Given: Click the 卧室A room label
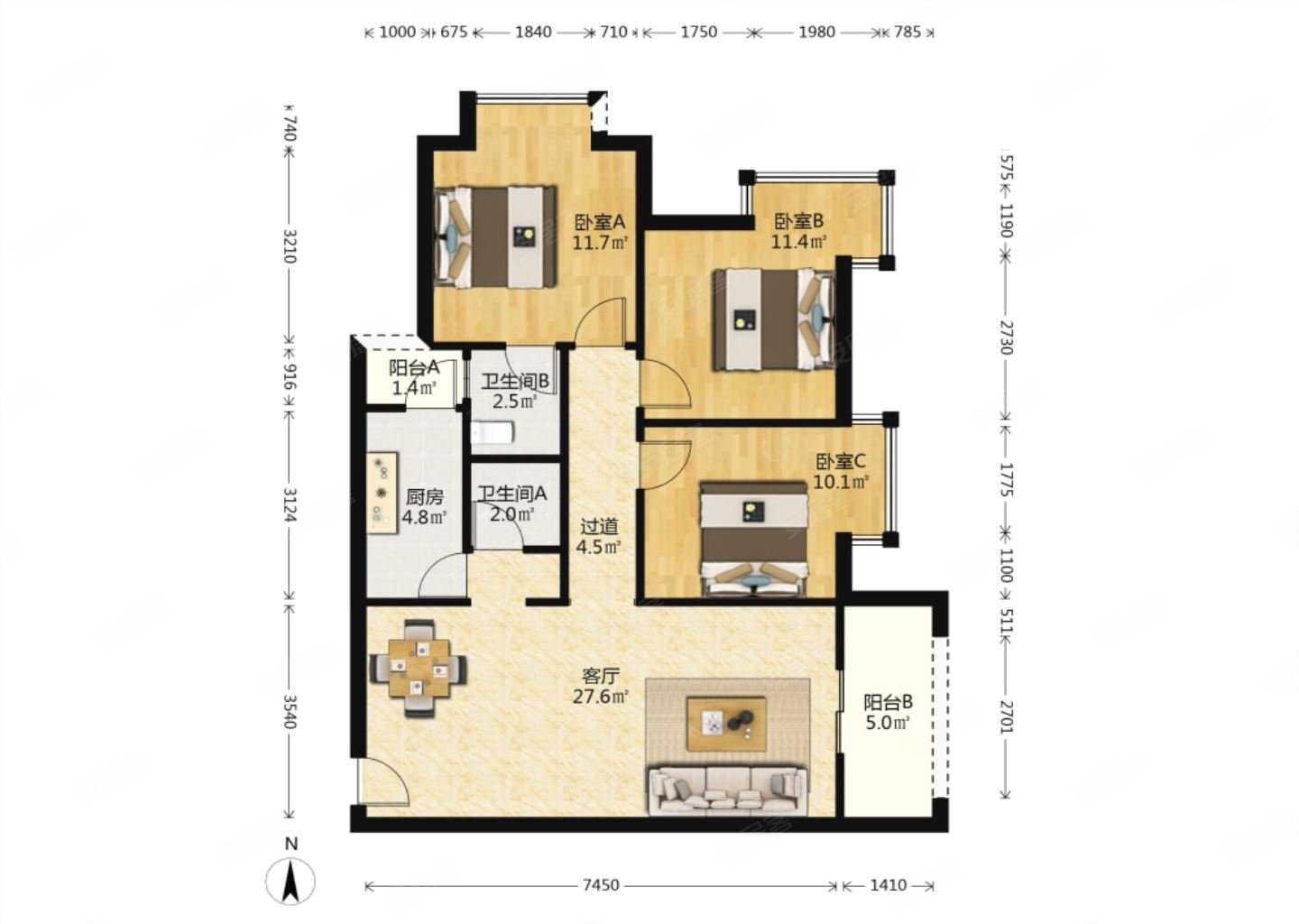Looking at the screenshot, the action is click(x=600, y=222).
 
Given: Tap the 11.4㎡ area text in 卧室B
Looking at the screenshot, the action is click(x=798, y=241).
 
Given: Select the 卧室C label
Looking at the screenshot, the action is click(x=841, y=462).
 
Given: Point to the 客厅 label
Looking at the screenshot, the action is click(x=601, y=676).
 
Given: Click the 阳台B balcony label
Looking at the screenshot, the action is click(x=888, y=702).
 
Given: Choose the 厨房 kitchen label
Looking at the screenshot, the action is click(x=425, y=496).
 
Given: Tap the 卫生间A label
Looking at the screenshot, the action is click(x=512, y=494).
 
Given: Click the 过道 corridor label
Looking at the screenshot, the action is click(x=600, y=527).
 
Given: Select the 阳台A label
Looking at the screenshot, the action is click(x=414, y=367).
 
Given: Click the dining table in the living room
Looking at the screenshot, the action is click(x=419, y=668).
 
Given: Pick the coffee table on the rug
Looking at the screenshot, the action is click(x=727, y=724).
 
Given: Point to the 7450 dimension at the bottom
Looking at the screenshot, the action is click(x=602, y=885).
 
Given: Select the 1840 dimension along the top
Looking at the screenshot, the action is click(x=533, y=32).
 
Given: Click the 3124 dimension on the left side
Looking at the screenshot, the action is click(x=290, y=504).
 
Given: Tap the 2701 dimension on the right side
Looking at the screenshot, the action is click(x=1006, y=717).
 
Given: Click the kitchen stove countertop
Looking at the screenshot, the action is click(x=382, y=493).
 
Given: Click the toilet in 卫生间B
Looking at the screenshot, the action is click(x=492, y=433).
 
